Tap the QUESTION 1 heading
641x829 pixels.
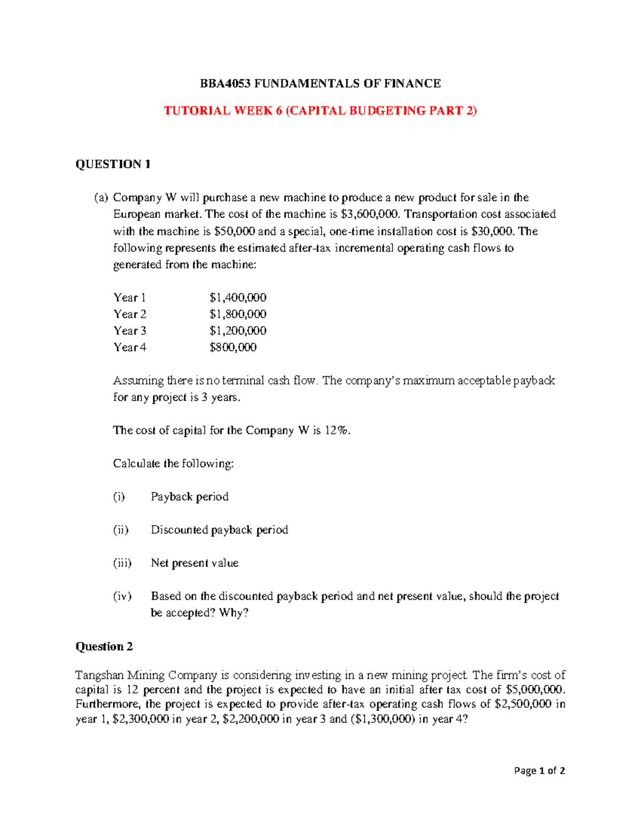click(x=113, y=164)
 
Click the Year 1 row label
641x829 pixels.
click(x=129, y=297)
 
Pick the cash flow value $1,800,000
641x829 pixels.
click(x=238, y=314)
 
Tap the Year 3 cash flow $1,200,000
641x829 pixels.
click(x=238, y=330)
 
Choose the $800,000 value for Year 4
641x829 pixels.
click(x=233, y=347)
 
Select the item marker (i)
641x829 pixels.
click(x=119, y=496)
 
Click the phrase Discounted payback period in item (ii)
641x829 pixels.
click(x=219, y=530)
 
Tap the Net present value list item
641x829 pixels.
click(x=194, y=563)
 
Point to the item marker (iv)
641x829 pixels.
click(x=122, y=596)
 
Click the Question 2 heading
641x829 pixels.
click(x=104, y=646)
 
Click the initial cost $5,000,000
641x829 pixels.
click(x=534, y=689)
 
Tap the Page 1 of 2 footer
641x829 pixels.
click(x=539, y=770)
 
